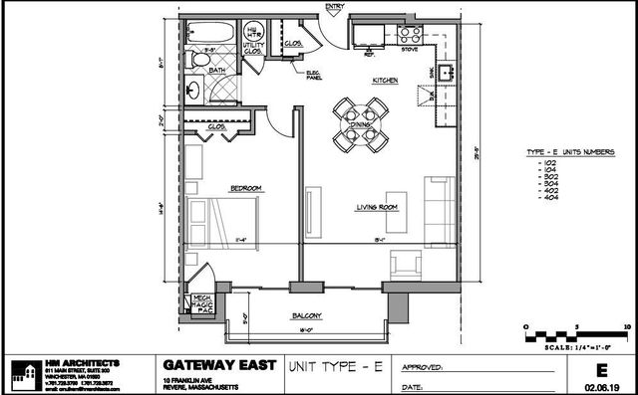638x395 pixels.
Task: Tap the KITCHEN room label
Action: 386,80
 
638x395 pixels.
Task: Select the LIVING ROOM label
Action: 378,207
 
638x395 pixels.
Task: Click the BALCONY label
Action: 307,315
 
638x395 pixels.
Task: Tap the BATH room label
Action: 217,70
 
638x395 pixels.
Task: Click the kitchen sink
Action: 445,74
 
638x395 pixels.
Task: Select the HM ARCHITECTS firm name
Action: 85,361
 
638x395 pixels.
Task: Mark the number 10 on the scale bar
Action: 626,325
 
